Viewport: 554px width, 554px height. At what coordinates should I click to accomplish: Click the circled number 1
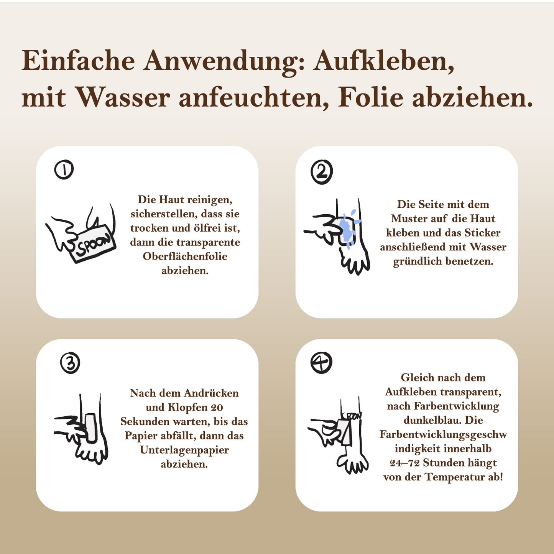[x=64, y=169]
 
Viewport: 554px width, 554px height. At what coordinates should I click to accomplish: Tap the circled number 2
[x=322, y=172]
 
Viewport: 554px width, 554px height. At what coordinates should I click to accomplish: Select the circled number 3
[x=70, y=363]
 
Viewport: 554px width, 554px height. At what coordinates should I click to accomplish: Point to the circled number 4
[x=321, y=363]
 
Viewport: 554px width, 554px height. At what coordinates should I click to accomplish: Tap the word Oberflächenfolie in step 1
[x=185, y=256]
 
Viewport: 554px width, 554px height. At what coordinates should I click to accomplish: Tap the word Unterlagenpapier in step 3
[x=184, y=450]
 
